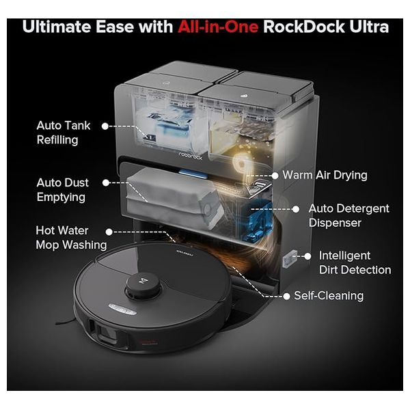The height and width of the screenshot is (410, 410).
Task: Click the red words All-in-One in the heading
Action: [218, 27]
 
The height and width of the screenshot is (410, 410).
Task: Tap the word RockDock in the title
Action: [304, 27]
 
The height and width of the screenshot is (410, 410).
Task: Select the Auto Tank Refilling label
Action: [64, 133]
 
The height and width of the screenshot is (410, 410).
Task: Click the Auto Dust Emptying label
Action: [62, 190]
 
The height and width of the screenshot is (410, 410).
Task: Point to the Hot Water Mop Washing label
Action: [71, 238]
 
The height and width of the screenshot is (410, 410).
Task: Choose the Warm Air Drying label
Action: [325, 175]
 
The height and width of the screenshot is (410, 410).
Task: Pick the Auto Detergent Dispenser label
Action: [348, 215]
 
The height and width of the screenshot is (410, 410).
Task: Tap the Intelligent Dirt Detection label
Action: [355, 262]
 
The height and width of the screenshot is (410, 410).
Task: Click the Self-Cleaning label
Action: [329, 296]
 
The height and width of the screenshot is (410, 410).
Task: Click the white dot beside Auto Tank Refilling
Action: [105, 126]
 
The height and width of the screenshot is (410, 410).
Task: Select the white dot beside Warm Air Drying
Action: [275, 176]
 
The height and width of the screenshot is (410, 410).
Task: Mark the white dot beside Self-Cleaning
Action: [286, 297]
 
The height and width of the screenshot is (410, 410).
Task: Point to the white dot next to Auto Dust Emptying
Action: [106, 182]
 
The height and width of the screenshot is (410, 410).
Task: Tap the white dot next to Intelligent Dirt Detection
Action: [307, 256]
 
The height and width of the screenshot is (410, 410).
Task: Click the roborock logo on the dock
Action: [191, 155]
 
